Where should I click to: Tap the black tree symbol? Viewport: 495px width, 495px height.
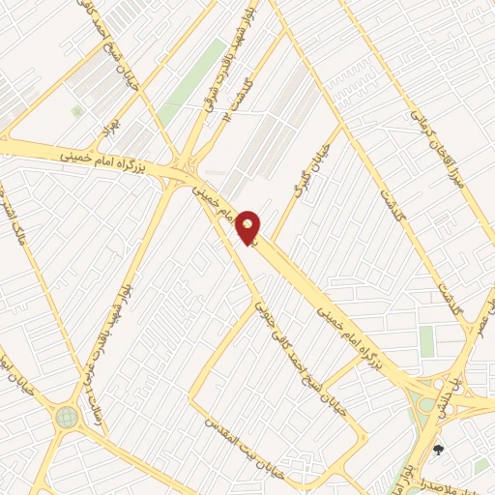click(438, 450)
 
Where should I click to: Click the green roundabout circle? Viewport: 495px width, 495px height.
click(66, 418)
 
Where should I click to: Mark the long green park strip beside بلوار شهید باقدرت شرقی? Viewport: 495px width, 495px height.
click(192, 83)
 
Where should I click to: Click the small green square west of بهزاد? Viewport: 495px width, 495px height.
click(76, 111)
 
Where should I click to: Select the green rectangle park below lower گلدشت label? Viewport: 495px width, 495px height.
click(426, 341)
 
